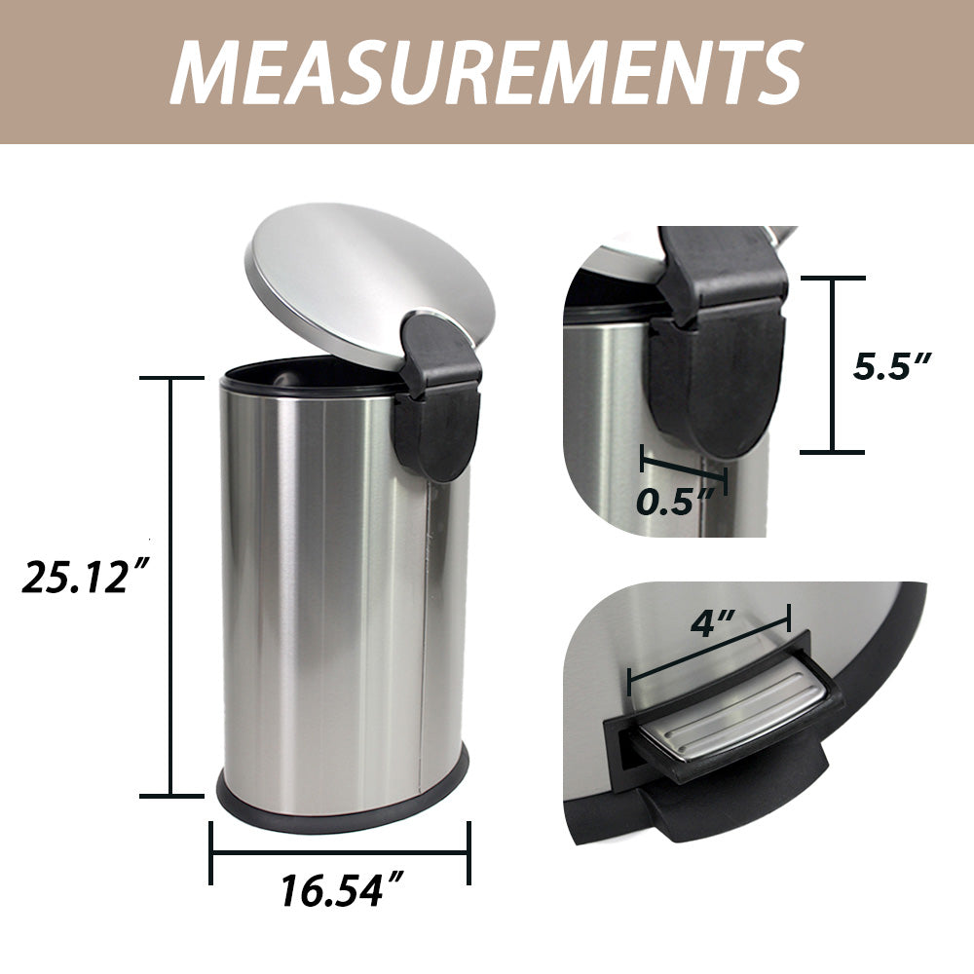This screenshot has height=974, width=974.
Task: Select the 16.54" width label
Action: (342, 889)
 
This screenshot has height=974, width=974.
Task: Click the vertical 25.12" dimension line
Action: (172, 584)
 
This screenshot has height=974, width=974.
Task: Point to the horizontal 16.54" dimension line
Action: (341, 853)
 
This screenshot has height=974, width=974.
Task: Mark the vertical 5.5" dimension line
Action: (833, 364)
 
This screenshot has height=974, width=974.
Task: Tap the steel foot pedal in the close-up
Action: (740, 716)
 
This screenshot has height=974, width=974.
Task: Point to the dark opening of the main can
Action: (302, 374)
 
